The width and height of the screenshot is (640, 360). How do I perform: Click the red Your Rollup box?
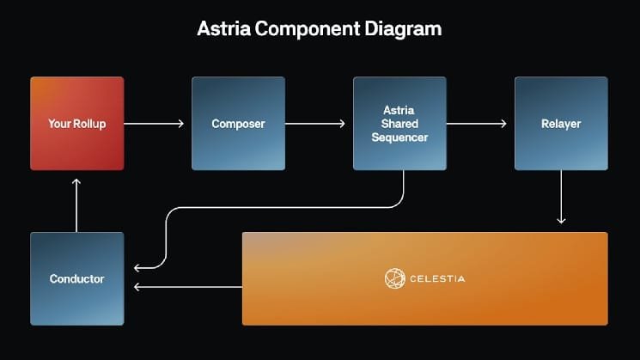77,123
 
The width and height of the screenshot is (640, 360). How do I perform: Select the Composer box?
238,123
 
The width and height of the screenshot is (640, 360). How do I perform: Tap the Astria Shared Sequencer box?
399,123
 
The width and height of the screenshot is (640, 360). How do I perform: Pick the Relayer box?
561,123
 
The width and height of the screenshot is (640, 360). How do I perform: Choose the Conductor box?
77,278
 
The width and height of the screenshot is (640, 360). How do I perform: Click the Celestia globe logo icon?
394,278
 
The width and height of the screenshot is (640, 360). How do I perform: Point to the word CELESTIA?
437,278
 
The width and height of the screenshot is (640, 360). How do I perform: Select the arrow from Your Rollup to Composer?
154,123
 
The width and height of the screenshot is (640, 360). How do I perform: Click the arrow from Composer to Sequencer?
315,123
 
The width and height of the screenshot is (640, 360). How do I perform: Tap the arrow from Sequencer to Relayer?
476,123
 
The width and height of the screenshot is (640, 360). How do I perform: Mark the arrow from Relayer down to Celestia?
561,197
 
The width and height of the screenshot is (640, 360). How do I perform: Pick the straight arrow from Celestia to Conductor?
188,287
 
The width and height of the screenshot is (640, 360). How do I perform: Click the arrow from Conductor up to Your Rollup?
76,205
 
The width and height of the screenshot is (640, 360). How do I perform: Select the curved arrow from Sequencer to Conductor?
286,207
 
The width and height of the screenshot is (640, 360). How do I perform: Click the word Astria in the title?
223,28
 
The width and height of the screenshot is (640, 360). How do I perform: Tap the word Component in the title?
308,29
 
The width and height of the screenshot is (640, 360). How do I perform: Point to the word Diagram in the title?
403,29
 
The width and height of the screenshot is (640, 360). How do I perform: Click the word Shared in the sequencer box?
399,124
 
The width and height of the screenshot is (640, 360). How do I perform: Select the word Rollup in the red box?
90,124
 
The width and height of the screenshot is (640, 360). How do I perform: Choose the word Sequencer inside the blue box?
399,138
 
